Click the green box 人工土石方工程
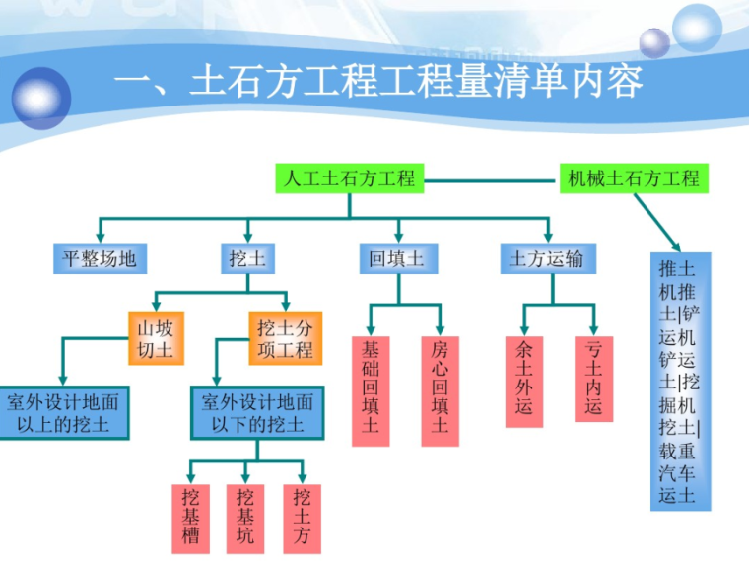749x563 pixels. click(x=350, y=178)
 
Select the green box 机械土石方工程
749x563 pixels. click(x=634, y=178)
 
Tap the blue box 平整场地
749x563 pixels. click(x=100, y=259)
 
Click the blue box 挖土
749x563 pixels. click(x=246, y=259)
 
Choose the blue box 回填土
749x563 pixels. click(x=396, y=259)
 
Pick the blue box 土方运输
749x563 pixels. click(x=546, y=259)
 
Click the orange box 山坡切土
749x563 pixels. click(x=155, y=338)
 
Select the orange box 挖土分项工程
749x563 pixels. click(x=285, y=338)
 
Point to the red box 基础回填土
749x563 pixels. click(x=370, y=387)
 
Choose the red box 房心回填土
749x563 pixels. click(x=440, y=387)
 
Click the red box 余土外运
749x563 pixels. click(x=523, y=380)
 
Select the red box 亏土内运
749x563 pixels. click(x=592, y=380)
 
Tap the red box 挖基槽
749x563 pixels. click(x=190, y=518)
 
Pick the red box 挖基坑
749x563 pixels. click(x=245, y=518)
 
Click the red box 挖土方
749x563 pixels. click(x=302, y=518)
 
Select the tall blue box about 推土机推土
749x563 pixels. click(x=680, y=381)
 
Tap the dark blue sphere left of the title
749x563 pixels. click(x=41, y=97)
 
